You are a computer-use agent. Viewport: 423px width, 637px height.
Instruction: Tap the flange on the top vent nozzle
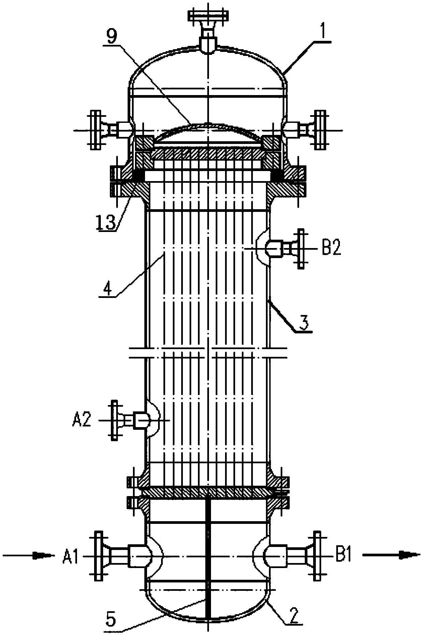208,15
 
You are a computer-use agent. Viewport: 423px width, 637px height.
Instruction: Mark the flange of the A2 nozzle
114,420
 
